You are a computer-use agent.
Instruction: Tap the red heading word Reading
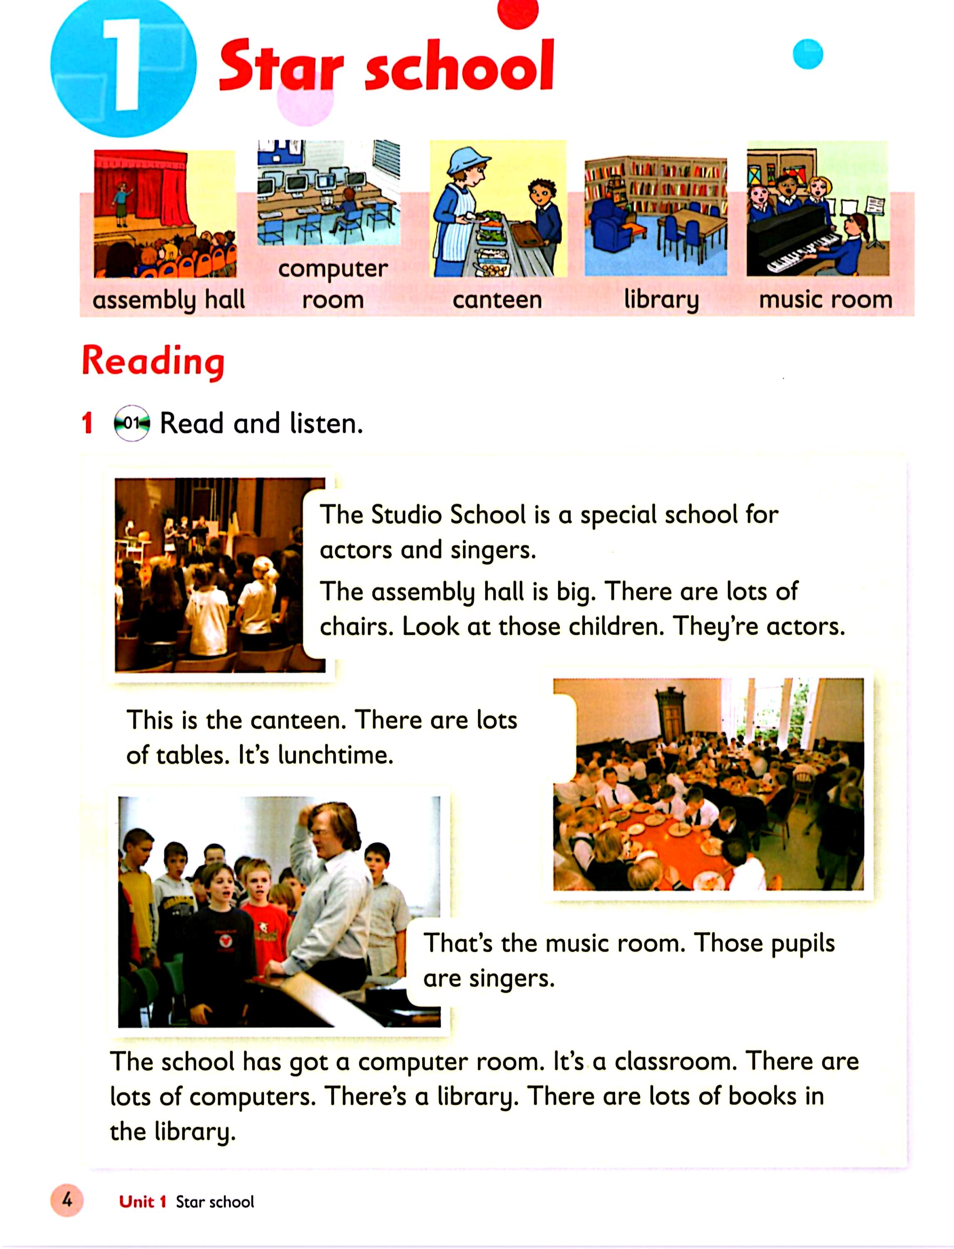(x=153, y=361)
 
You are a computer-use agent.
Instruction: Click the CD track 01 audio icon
(x=132, y=423)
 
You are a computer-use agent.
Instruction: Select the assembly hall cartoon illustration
(x=165, y=214)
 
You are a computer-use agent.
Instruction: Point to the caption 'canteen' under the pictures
(x=497, y=299)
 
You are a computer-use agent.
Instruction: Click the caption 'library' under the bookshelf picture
(x=661, y=299)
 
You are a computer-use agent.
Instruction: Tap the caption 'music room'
(x=825, y=299)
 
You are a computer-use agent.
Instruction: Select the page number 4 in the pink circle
(x=67, y=1200)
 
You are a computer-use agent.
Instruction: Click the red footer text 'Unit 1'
(x=142, y=1201)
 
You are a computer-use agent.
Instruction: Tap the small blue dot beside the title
(x=807, y=54)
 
